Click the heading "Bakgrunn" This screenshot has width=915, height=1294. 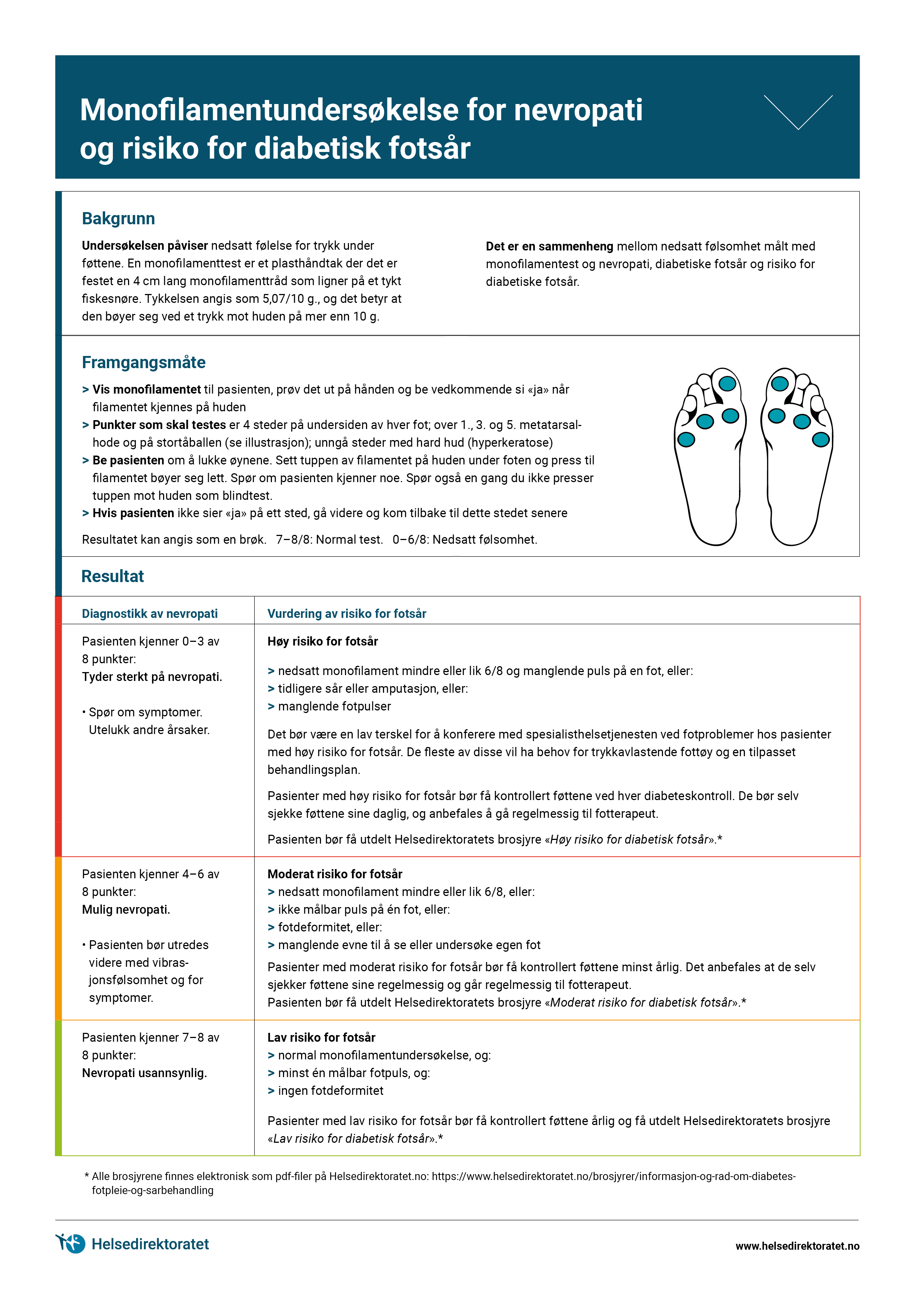tap(118, 219)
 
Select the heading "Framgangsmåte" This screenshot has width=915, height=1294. tap(144, 362)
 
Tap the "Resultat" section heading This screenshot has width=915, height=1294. tap(113, 577)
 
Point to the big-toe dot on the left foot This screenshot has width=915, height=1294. tap(727, 384)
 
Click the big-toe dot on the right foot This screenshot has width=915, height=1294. tap(780, 384)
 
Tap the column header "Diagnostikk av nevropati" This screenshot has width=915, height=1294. tap(150, 614)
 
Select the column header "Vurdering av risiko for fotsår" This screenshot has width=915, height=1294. tap(347, 614)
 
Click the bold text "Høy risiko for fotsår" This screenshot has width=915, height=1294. tap(322, 641)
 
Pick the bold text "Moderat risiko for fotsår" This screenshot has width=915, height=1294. tap(335, 874)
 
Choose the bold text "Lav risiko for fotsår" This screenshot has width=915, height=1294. tap(321, 1038)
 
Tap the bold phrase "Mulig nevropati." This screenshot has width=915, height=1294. tap(126, 910)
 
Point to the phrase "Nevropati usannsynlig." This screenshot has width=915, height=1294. tap(144, 1073)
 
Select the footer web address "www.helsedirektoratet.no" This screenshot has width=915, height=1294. tap(797, 1246)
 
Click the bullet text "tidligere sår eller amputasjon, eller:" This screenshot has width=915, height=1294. tap(373, 689)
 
